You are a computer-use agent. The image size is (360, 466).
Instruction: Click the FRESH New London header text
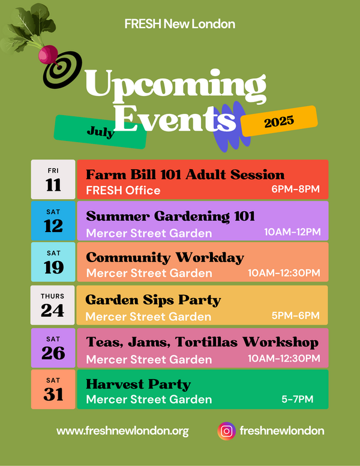pyautogui.click(x=180, y=24)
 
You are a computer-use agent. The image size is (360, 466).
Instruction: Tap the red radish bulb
pyautogui.click(x=48, y=54)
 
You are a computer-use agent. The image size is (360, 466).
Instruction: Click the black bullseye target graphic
pyautogui.click(x=62, y=70)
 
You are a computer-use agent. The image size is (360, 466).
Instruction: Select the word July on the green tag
pyautogui.click(x=100, y=132)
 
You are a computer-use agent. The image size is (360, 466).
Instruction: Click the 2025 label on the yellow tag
pyautogui.click(x=279, y=121)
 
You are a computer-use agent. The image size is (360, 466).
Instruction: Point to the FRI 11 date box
pyautogui.click(x=53, y=179)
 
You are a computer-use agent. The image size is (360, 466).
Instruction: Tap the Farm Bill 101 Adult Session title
pyautogui.click(x=185, y=175)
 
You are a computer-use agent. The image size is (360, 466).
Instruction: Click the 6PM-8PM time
pyautogui.click(x=295, y=189)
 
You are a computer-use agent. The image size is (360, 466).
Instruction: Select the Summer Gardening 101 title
pyautogui.click(x=170, y=216)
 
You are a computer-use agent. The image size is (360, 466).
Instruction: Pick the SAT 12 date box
pyautogui.click(x=53, y=221)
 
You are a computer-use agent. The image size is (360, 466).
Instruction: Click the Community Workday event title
pyautogui.click(x=165, y=258)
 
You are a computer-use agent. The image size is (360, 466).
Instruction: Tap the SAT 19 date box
pyautogui.click(x=53, y=262)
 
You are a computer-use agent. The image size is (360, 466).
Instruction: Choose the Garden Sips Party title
pyautogui.click(x=153, y=300)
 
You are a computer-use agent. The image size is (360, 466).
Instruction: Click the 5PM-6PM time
pyautogui.click(x=295, y=315)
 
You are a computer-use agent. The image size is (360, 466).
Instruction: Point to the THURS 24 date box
pyautogui.click(x=53, y=305)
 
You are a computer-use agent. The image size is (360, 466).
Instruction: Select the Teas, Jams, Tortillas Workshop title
pyautogui.click(x=202, y=342)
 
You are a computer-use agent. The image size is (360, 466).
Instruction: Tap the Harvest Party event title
pyautogui.click(x=138, y=384)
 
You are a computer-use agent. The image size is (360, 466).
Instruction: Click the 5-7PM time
pyautogui.click(x=297, y=399)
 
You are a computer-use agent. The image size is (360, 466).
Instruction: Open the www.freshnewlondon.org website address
pyautogui.click(x=122, y=431)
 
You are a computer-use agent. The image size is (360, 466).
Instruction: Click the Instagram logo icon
pyautogui.click(x=227, y=431)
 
